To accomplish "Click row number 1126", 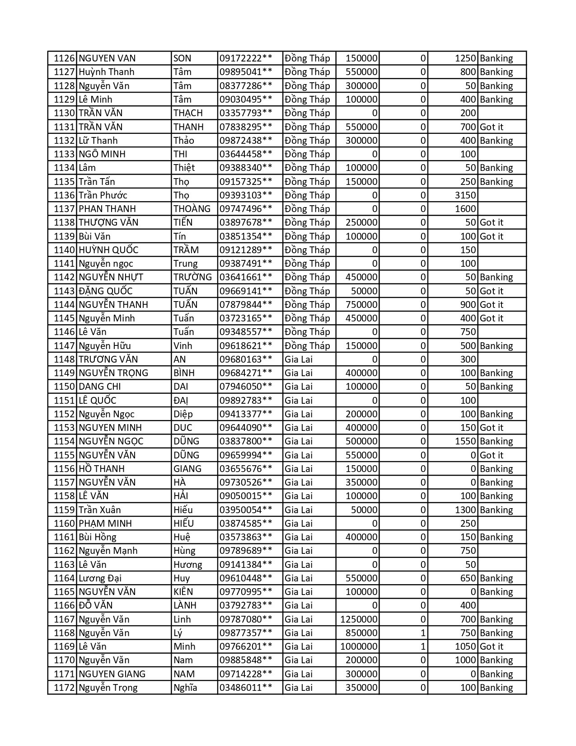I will pos(63,58).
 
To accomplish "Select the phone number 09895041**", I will pos(246,72).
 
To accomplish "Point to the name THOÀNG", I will pos(192,209).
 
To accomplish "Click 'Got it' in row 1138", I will pos(492,222).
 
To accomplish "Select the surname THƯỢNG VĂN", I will pos(108,222).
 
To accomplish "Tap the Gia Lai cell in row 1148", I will pos(299,359).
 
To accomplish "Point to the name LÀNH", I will pos(186,605).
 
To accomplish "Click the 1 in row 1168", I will pos(423,633).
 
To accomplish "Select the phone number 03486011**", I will pos(246,688).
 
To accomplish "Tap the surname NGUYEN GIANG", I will pos(112,674).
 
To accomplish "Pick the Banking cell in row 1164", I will pos(496,578).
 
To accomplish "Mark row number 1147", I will pos(63,346).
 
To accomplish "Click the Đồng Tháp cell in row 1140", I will pos(307,250).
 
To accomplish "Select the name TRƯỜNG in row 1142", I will pos(192,277).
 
